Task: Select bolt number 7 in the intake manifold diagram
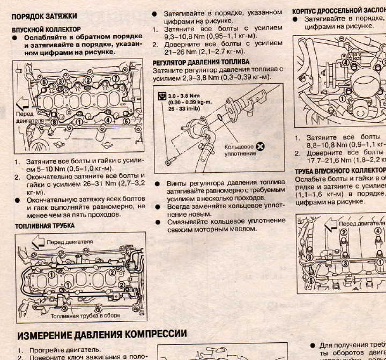pos(116,79)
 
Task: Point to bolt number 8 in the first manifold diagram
pos(54,122)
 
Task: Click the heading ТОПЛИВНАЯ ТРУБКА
pos(44,226)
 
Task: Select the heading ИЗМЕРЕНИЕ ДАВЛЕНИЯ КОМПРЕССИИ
pos(102,335)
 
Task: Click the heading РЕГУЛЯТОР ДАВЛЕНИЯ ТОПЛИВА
pos(201,62)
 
